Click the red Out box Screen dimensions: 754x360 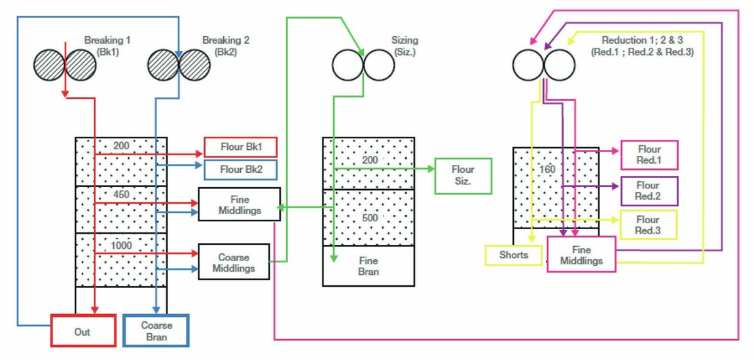click(x=83, y=330)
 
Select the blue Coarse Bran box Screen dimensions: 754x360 click(x=156, y=330)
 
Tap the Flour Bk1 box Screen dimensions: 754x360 click(x=241, y=147)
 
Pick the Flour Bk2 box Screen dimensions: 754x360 click(x=241, y=169)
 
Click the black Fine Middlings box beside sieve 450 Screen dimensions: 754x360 click(x=239, y=204)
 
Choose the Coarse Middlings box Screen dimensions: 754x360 click(x=234, y=262)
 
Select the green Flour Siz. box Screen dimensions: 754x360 click(x=463, y=175)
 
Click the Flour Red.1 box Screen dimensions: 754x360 click(x=649, y=154)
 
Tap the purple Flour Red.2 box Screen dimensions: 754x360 click(x=649, y=191)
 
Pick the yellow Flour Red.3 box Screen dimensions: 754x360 click(x=648, y=225)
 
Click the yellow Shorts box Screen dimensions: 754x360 click(x=514, y=255)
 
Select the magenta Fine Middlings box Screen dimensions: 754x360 click(x=581, y=254)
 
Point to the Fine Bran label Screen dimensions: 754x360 click(x=368, y=266)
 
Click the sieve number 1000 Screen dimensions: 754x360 click(x=121, y=245)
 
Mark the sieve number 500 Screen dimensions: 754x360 click(x=370, y=218)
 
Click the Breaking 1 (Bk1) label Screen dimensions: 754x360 click(x=107, y=45)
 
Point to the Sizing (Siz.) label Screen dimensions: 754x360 click(x=405, y=45)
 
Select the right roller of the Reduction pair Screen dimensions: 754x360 click(x=559, y=64)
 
